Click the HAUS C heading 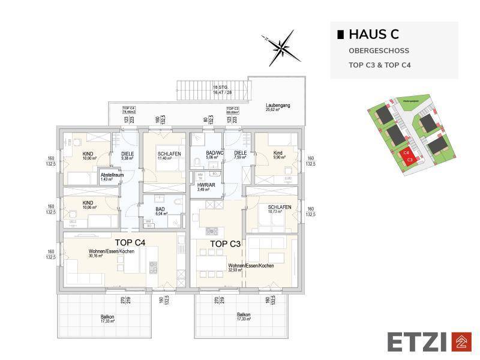point(373,35)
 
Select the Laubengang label point(278,106)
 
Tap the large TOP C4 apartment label point(130,243)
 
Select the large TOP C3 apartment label point(226,244)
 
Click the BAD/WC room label point(214,154)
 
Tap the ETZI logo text point(418,342)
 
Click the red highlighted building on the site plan point(408,157)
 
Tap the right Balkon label point(244,315)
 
